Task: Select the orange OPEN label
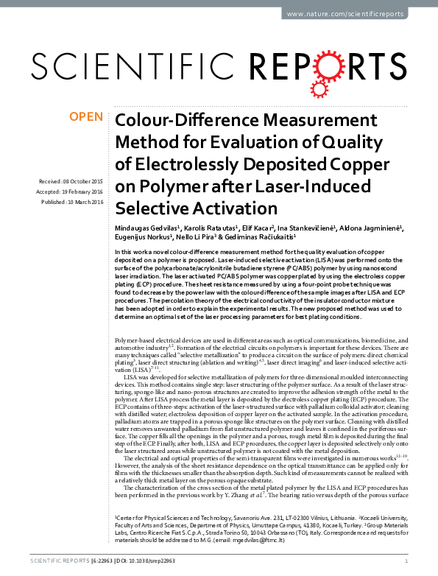pyautogui.click(x=85, y=117)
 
